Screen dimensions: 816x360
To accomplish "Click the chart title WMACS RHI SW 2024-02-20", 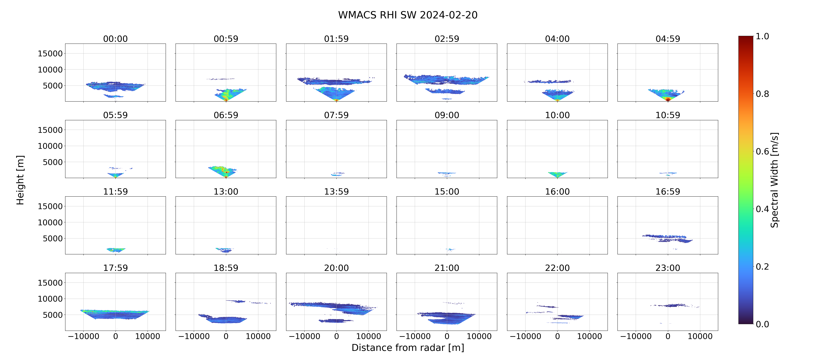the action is click(408, 15).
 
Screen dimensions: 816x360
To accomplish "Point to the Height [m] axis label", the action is click(20, 180).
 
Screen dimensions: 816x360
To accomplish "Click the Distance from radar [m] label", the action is click(408, 348).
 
